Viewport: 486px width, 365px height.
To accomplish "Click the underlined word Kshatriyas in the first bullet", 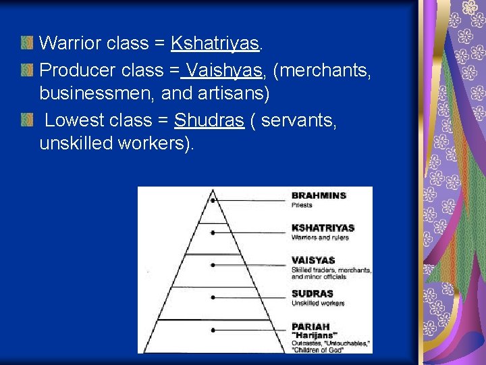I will click(215, 44).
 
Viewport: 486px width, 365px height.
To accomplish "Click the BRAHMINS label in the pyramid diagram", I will click(319, 195).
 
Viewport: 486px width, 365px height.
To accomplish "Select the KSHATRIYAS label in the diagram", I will click(323, 228).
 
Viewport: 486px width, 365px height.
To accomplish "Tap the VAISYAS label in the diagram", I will click(313, 260).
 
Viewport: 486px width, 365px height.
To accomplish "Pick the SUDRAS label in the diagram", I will click(312, 293).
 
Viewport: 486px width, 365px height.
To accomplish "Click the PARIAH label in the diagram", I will click(310, 326).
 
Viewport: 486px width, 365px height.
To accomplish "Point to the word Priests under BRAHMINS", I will click(302, 204).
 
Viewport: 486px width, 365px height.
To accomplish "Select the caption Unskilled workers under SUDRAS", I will click(318, 303).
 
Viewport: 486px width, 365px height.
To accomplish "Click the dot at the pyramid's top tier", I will click(213, 201).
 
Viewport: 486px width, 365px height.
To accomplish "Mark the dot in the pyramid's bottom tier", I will click(213, 330).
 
